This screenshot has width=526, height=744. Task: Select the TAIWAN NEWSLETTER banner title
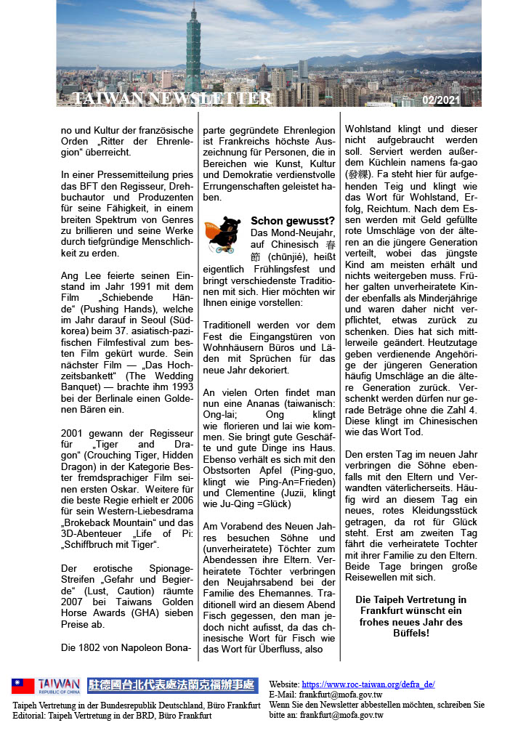point(172,99)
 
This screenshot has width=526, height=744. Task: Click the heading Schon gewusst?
point(293,221)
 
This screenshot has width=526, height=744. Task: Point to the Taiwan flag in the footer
point(23,686)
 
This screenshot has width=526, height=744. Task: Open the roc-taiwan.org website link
point(368,684)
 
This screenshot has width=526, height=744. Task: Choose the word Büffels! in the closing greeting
point(410,633)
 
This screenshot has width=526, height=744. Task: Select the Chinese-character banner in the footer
point(171,685)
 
